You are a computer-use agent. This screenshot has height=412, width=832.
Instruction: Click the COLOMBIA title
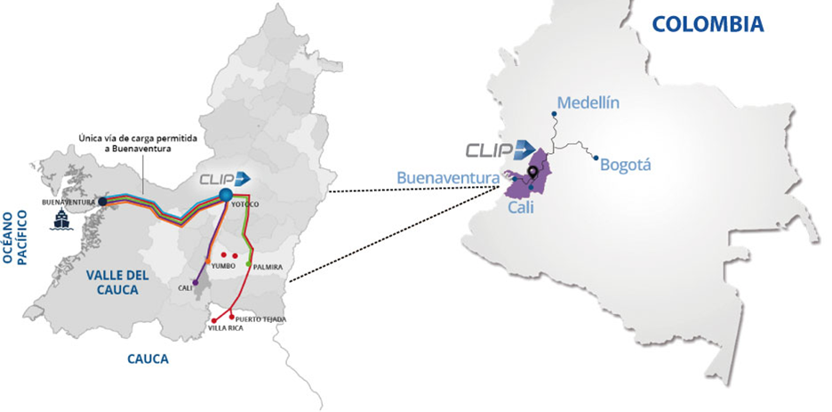708,24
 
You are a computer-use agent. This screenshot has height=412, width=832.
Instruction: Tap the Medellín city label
588,102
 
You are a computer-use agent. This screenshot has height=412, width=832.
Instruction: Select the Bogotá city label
625,166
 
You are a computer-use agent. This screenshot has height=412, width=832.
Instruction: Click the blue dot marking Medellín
554,114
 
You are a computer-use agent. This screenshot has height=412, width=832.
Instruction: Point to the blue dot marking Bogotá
596,158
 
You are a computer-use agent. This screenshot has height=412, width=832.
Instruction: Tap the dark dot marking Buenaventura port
103,202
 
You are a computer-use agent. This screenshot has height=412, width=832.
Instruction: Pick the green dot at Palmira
248,264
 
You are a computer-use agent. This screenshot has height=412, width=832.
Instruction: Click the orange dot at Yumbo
207,261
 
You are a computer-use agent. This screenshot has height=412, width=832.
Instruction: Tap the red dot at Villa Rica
213,320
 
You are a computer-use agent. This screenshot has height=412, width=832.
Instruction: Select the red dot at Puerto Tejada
231,317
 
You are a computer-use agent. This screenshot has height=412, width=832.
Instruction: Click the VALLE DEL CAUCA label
117,282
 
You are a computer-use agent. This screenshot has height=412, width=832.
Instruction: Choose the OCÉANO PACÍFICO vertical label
14,237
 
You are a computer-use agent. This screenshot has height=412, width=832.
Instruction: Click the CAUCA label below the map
148,359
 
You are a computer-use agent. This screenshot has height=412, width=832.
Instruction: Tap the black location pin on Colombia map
532,172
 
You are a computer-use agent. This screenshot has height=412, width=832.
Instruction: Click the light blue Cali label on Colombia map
521,207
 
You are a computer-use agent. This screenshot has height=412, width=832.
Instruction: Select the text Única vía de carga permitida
138,138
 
